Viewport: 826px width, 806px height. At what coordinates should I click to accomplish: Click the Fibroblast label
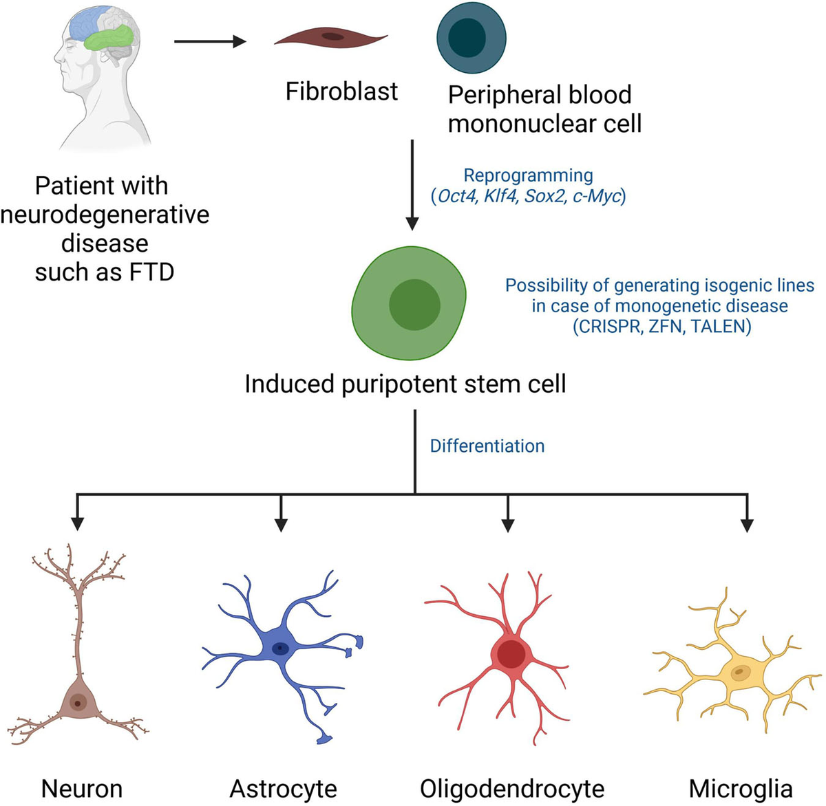pyautogui.click(x=341, y=91)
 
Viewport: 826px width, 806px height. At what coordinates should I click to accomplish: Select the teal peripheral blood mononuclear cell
pyautogui.click(x=472, y=37)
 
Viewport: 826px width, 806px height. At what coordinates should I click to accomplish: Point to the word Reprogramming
pyautogui.click(x=528, y=176)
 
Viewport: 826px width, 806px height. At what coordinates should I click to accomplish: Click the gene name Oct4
pyautogui.click(x=457, y=196)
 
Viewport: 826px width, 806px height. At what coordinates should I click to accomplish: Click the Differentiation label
pyautogui.click(x=487, y=446)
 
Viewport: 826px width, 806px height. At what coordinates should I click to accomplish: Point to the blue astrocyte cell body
pyautogui.click(x=279, y=649)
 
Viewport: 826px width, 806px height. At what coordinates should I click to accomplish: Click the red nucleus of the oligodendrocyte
pyautogui.click(x=510, y=654)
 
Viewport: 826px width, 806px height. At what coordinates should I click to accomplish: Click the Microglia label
pyautogui.click(x=741, y=788)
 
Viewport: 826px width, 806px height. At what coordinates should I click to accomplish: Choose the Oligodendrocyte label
pyautogui.click(x=512, y=788)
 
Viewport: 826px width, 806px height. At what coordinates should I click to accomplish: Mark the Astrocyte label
pyautogui.click(x=283, y=788)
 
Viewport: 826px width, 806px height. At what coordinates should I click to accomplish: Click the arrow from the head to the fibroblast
pyautogui.click(x=210, y=42)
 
